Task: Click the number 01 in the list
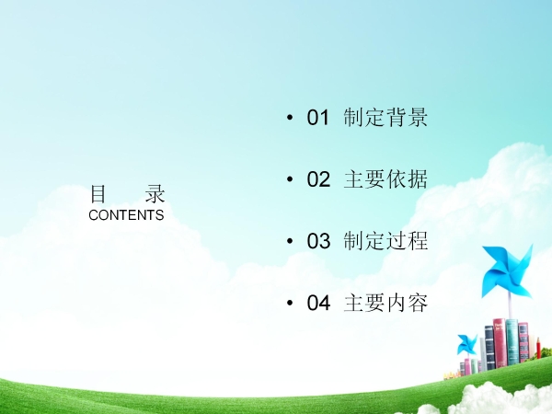pos(318,117)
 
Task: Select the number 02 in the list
pos(318,178)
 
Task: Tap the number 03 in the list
pos(318,241)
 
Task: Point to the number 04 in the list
pos(318,303)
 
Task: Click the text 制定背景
pos(385,117)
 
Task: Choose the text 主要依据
pos(385,178)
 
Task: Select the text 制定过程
pos(385,241)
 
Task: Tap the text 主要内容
pos(385,303)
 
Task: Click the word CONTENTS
pos(126,215)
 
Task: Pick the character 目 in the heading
pos(98,194)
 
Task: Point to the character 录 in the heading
pos(155,194)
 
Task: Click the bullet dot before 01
pos(290,117)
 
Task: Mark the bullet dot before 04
pos(290,303)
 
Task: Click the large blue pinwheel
pos(507,271)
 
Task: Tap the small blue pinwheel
pos(467,345)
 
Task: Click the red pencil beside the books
pos(538,347)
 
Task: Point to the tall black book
pos(489,348)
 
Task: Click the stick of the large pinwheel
pos(510,305)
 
